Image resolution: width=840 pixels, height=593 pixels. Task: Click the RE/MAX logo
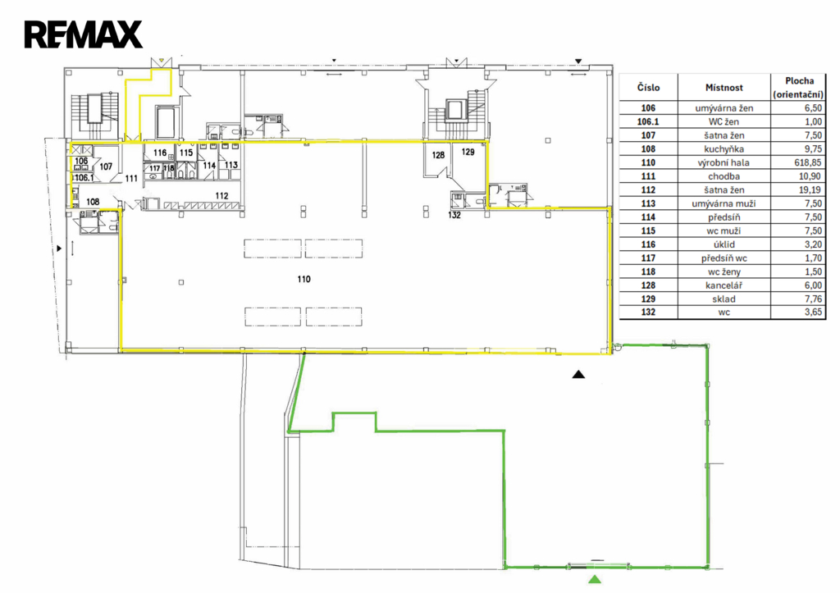point(84,34)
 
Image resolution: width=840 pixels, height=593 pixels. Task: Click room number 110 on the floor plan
point(304,279)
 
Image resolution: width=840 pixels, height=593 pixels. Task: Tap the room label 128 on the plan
point(438,155)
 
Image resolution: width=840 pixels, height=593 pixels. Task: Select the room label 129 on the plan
point(468,152)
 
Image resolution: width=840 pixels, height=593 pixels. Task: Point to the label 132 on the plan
point(454,215)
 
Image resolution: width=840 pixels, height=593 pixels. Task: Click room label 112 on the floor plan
point(221,196)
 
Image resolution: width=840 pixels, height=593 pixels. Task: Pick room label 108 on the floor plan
point(93,202)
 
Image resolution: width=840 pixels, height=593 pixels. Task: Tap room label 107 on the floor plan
point(106,166)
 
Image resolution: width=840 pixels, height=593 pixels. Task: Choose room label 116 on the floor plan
point(160,153)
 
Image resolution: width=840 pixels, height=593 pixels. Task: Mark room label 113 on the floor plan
point(231,165)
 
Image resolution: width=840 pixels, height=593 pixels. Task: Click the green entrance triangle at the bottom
point(594,579)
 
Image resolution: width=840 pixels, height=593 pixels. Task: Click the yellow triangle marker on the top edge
point(160,61)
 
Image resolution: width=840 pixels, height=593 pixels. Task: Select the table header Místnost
point(724,88)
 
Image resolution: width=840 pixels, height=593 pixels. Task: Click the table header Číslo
point(648,87)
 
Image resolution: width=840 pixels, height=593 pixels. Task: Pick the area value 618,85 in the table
point(808,162)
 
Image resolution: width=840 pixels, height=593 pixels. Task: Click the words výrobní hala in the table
point(724,162)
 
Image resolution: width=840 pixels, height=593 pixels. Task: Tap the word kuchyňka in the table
point(724,149)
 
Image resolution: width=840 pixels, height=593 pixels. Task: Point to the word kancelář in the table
point(724,285)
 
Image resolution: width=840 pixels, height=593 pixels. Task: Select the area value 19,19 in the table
point(810,189)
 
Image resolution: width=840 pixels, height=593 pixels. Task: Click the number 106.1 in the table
point(648,121)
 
